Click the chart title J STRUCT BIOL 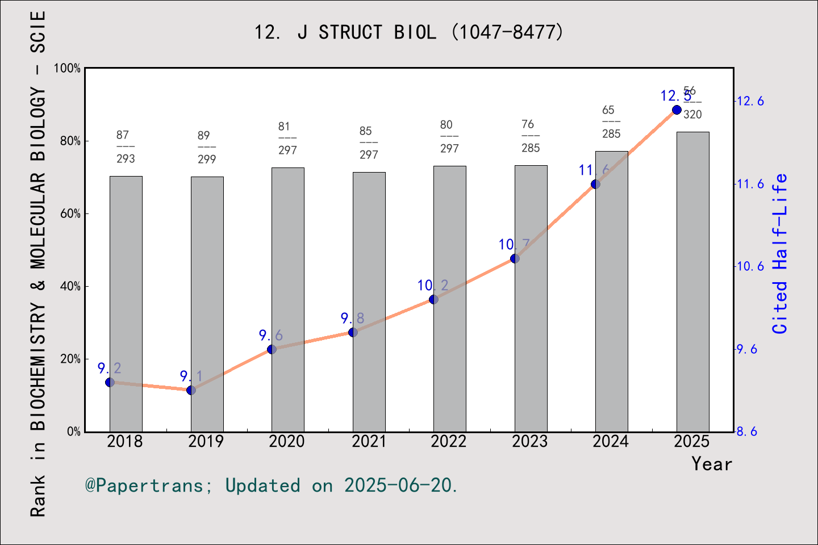[x=408, y=32]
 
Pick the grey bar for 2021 [x=369, y=301]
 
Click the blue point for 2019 [x=191, y=390]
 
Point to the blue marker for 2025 [x=677, y=110]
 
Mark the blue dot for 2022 [x=433, y=299]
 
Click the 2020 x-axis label [x=287, y=441]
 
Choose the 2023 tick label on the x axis [x=529, y=441]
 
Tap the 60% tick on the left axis [x=70, y=214]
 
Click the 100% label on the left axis [x=68, y=68]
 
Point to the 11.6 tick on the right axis [x=750, y=184]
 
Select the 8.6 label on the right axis [x=747, y=431]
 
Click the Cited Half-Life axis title [x=780, y=253]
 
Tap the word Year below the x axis [x=711, y=464]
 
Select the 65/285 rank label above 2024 [x=611, y=121]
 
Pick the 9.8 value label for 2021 [x=352, y=318]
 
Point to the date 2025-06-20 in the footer [x=398, y=485]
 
